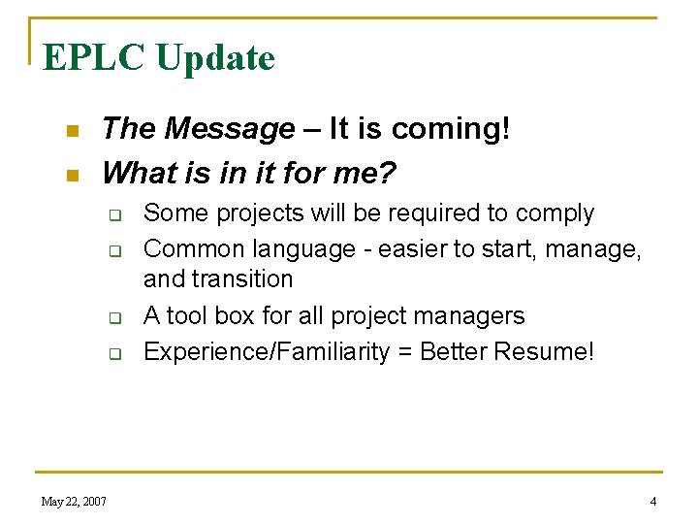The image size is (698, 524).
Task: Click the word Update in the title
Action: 214,58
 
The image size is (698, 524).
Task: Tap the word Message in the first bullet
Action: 230,128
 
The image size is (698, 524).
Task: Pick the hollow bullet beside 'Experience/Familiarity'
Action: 112,353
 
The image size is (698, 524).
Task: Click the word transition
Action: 243,279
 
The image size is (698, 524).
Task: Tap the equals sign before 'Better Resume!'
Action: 402,352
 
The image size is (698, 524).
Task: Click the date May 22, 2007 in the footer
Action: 74,501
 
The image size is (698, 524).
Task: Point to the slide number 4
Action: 652,501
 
